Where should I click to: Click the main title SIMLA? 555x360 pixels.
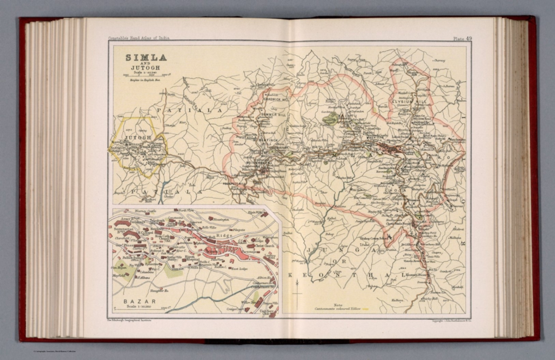(146, 58)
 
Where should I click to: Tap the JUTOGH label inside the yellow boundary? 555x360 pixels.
(138, 138)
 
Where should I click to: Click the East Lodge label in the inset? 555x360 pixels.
(240, 269)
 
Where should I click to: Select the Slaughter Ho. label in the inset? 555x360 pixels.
(160, 290)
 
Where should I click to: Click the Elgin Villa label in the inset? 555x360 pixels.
(255, 212)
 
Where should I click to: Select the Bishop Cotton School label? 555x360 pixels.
(372, 239)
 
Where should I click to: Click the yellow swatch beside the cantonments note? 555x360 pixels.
(365, 309)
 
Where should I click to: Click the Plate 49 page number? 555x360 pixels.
(462, 39)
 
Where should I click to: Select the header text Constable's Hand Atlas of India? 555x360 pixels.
(139, 38)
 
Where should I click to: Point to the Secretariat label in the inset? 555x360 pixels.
(124, 229)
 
